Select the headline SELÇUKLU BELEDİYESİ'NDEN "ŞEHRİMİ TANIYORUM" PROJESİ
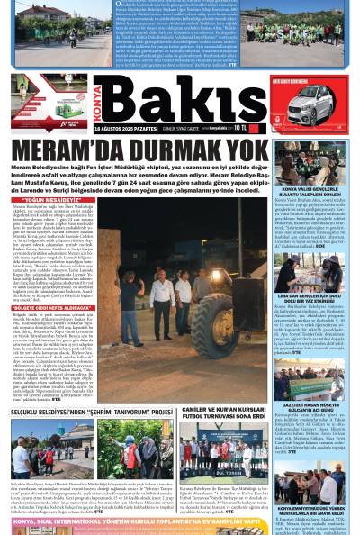(91, 413)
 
